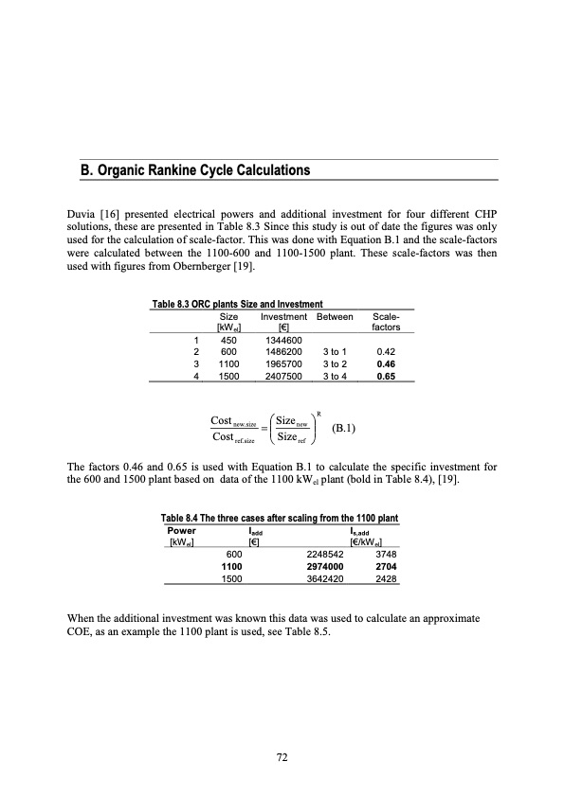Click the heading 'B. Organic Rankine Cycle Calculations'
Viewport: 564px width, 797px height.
194,171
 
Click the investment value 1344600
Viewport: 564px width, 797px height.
283,341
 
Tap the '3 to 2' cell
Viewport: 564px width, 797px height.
335,363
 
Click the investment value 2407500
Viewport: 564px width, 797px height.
283,375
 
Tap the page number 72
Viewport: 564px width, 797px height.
282,757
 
